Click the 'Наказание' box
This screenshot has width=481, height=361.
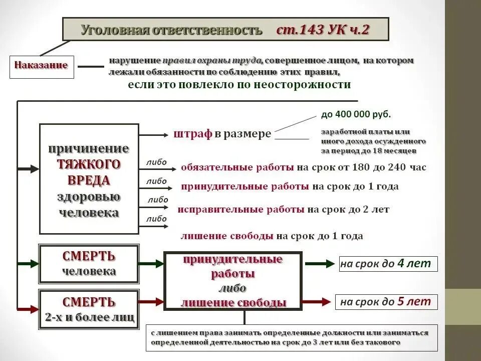pos(42,66)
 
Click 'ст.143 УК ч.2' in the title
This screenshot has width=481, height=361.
pos(323,30)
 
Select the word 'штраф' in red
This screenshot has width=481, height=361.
pos(193,134)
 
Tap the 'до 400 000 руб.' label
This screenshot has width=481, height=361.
pos(356,114)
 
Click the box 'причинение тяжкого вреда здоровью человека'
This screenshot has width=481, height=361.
pos(89,179)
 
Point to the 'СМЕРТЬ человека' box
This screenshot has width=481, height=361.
pos(89,264)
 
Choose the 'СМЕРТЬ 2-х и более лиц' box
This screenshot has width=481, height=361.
pos(89,309)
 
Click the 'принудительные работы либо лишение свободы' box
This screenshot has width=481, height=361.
pos(233,281)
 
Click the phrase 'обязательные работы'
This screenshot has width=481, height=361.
pos(237,167)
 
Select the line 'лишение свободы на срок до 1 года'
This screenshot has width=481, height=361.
pos(272,236)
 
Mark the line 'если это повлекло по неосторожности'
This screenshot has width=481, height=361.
pos(239,85)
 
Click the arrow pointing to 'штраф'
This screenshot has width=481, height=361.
pos(155,135)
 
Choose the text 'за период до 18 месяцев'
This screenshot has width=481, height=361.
pos(368,150)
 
